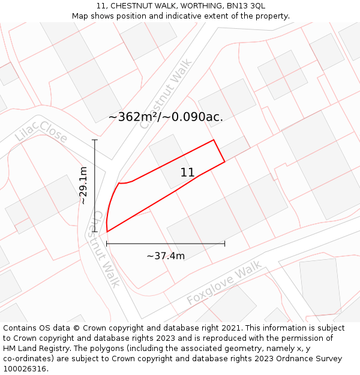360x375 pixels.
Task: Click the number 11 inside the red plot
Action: pyautogui.click(x=187, y=173)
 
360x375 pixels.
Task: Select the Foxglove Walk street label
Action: pyautogui.click(x=224, y=283)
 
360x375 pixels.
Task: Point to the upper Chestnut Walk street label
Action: pyautogui.click(x=166, y=93)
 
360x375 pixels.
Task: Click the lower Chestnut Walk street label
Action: pyautogui.click(x=106, y=248)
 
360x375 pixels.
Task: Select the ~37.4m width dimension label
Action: pyautogui.click(x=166, y=256)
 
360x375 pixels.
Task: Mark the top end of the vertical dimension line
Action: pyautogui.click(x=95, y=140)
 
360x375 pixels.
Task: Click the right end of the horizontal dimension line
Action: pyautogui.click(x=224, y=244)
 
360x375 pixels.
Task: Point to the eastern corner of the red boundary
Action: pyautogui.click(x=225, y=161)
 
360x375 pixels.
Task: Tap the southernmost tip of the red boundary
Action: pyautogui.click(x=107, y=232)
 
